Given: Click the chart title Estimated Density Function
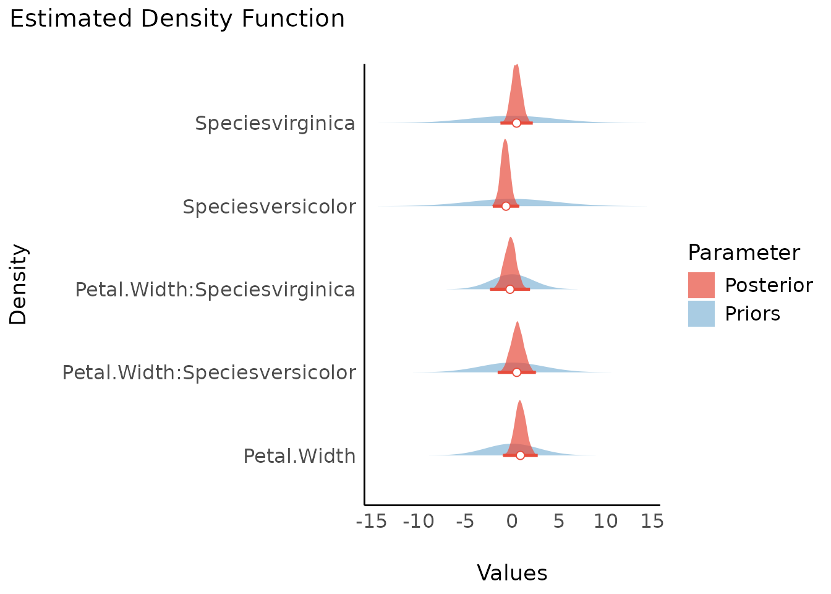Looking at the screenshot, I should (x=177, y=19).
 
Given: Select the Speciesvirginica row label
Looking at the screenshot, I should (x=275, y=123).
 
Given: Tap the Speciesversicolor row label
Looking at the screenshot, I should (x=269, y=206).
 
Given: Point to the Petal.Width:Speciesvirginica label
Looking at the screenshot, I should (x=215, y=289).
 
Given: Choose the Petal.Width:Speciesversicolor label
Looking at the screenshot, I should (x=209, y=372).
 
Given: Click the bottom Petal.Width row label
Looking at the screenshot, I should (x=299, y=456).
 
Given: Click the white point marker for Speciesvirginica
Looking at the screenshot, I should (x=516, y=123).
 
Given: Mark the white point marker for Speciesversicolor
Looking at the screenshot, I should (x=506, y=206).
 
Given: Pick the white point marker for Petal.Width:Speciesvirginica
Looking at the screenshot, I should (x=510, y=289).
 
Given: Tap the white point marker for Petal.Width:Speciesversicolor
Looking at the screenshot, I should (x=516, y=372).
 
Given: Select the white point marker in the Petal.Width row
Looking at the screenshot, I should (x=520, y=455).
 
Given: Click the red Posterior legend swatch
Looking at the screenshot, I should (x=701, y=285).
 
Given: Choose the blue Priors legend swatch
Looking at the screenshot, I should (x=701, y=314).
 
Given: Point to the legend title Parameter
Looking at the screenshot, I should (x=744, y=252).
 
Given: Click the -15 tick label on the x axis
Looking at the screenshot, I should (x=372, y=522).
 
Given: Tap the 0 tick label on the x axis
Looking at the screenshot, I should (x=512, y=522).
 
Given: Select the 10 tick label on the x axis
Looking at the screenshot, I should (x=605, y=522).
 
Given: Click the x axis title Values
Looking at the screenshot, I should (x=512, y=573).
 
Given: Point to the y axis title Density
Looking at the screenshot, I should (x=19, y=285).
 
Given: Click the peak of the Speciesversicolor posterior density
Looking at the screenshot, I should (x=505, y=140).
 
